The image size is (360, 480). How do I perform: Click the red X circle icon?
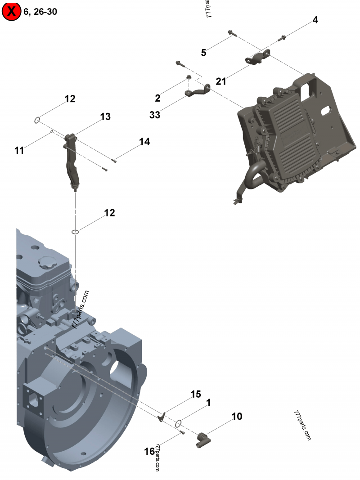pos(11,12)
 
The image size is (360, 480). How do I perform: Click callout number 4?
pos(315,20)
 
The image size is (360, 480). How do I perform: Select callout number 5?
pos(203,53)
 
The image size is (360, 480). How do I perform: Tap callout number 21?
pos(221,81)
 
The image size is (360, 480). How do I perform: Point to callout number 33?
pos(155,115)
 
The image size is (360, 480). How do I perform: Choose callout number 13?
pos(105,117)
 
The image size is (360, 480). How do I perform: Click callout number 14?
pos(144,142)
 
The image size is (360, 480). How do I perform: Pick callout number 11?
pos(19,151)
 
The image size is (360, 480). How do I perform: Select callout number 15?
pos(195,395)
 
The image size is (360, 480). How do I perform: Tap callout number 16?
pos(149,451)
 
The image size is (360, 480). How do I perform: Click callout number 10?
pos(237,417)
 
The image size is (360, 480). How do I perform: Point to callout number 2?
pos(157,98)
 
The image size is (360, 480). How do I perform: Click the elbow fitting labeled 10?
pos(203,439)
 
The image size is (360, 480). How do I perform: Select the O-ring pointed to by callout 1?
pos(179,423)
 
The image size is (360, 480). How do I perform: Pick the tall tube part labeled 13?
pos(72,160)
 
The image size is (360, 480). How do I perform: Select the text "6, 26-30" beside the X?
pos(41,12)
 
